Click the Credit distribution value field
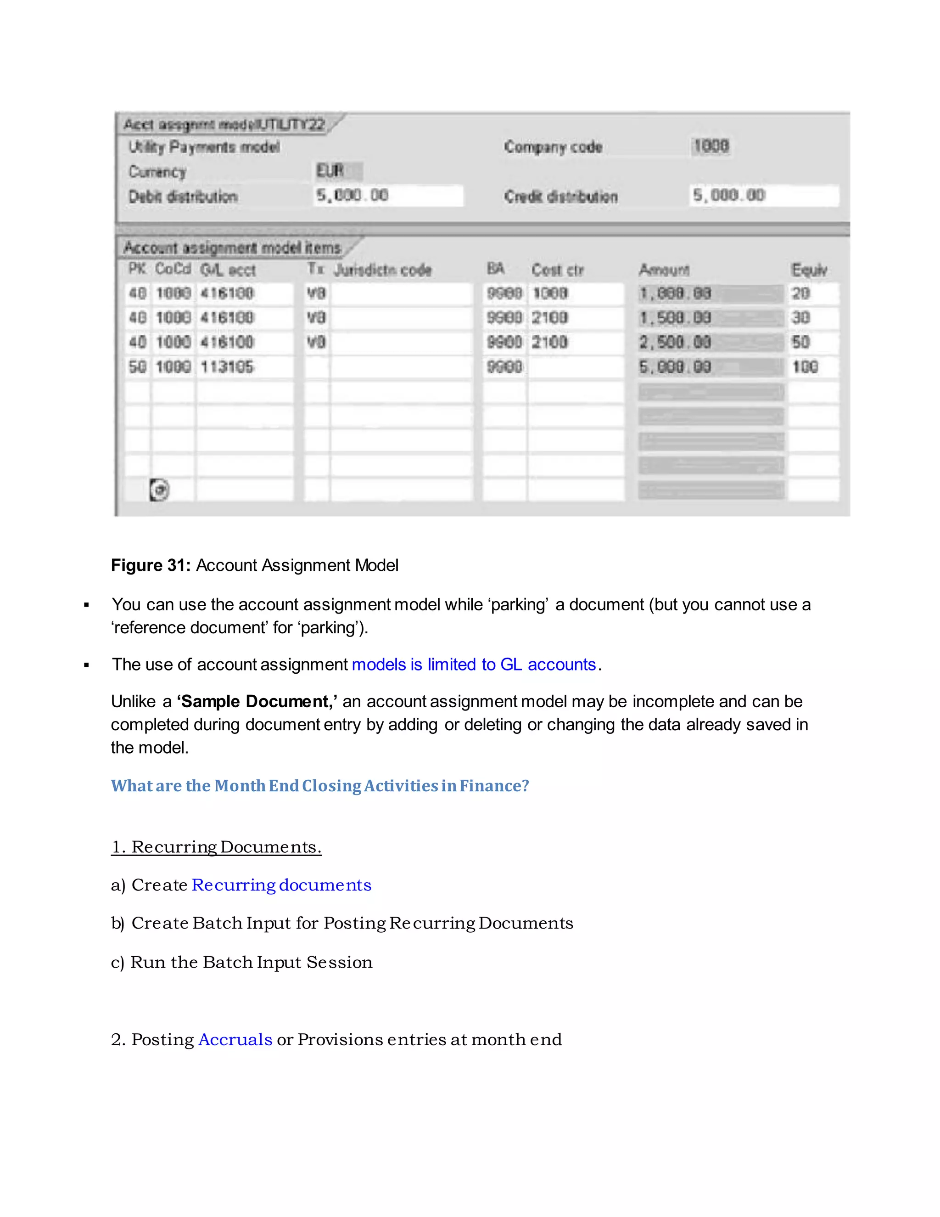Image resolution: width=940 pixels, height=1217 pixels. point(763,196)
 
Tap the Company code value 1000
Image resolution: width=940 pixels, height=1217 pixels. point(711,146)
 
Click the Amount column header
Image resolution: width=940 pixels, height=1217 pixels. point(664,270)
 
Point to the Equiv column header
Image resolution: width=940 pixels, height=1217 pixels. point(809,270)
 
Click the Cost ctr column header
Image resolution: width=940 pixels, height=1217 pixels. point(557,270)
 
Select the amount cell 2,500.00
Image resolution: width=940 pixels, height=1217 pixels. point(675,342)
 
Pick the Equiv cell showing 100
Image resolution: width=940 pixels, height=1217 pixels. point(805,366)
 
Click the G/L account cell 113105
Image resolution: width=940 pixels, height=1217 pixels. point(227,366)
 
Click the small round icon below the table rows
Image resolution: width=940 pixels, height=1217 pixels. point(159,490)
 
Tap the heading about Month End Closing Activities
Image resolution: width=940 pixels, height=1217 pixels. point(319,786)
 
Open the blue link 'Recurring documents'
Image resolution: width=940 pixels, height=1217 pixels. point(281,885)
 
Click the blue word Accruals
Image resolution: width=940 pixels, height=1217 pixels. point(235,1039)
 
